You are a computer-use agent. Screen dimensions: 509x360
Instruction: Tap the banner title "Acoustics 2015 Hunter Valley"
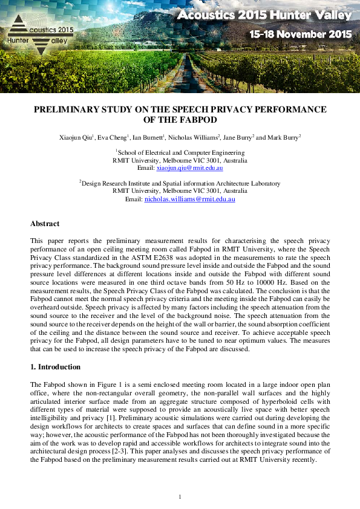(264, 15)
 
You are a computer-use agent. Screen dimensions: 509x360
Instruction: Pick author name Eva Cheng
(113, 137)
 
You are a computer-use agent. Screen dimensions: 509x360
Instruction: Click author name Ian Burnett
(148, 137)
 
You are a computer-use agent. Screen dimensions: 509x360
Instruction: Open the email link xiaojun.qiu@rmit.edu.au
(189, 168)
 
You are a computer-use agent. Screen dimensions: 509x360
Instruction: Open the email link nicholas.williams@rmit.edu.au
(189, 199)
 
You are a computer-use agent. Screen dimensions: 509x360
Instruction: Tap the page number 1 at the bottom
(180, 496)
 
